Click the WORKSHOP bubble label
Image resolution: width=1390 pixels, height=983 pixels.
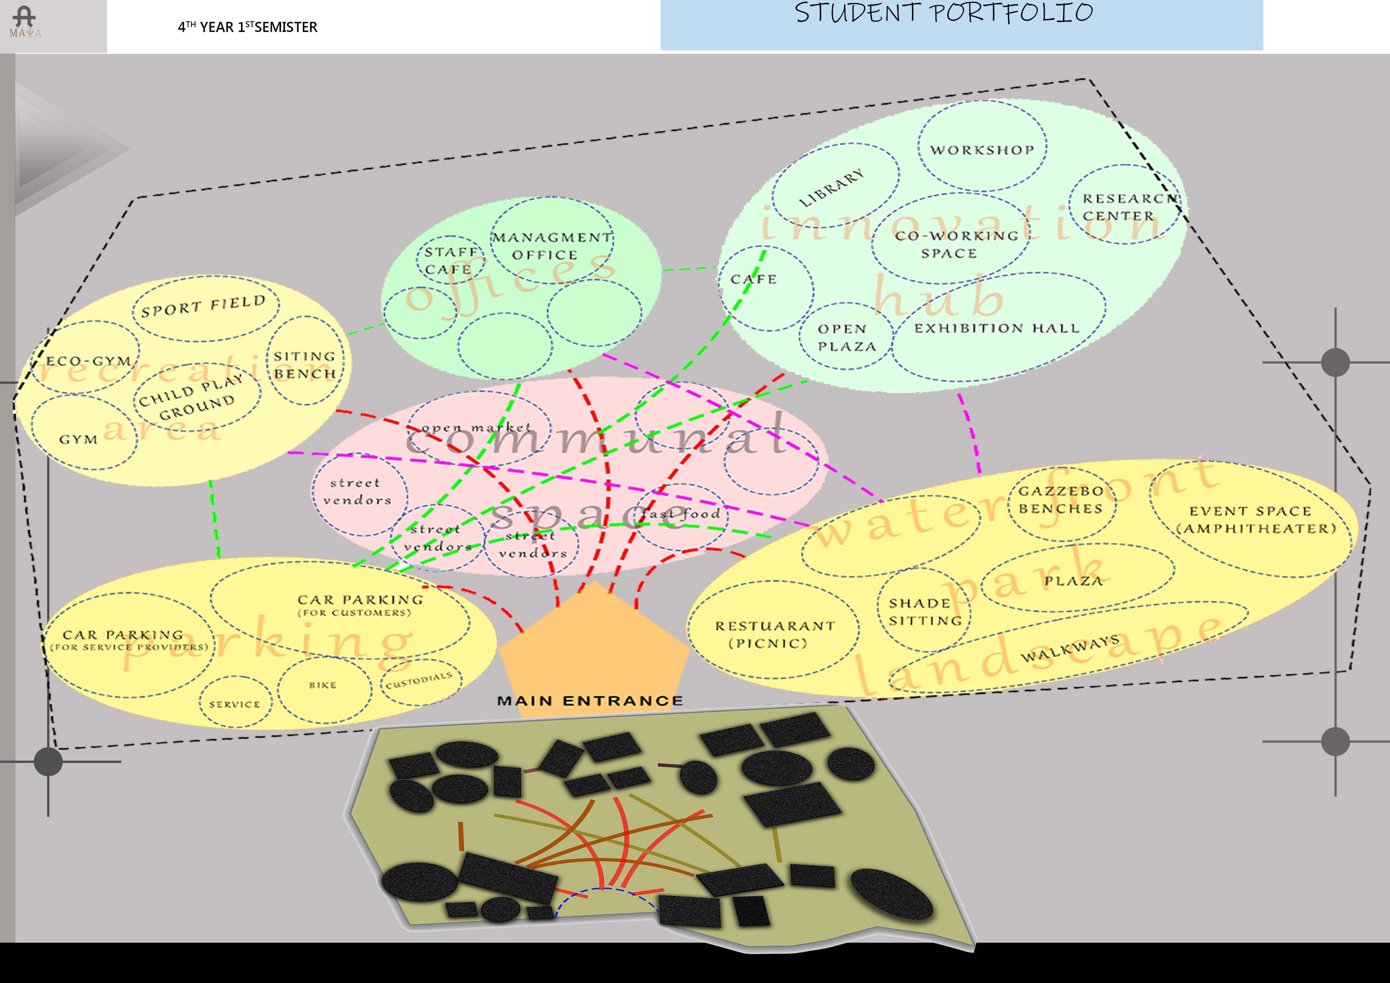[982, 150]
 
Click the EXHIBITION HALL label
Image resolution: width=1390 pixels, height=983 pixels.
[997, 328]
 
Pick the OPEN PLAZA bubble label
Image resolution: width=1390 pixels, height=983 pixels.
[846, 337]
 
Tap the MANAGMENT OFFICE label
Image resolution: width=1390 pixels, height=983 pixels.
[551, 246]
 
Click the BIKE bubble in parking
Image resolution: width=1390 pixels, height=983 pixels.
[323, 685]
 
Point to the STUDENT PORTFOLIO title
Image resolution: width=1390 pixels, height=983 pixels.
[943, 13]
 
